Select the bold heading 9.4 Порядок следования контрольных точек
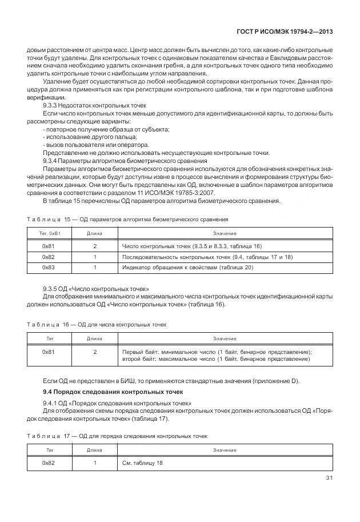point(113,392)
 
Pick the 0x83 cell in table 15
point(49,267)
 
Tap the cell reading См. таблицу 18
point(142,463)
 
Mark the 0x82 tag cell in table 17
point(49,463)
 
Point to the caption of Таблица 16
point(97,324)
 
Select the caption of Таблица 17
point(117,436)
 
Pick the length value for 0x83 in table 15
point(95,267)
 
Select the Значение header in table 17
point(225,450)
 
